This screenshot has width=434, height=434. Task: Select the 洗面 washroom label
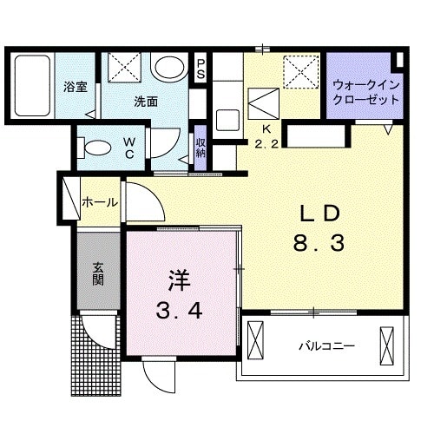(x=145, y=101)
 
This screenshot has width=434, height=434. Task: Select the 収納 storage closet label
(x=201, y=148)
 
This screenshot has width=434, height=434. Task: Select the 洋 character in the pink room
(x=178, y=280)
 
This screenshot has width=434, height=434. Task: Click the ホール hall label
(x=100, y=202)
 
